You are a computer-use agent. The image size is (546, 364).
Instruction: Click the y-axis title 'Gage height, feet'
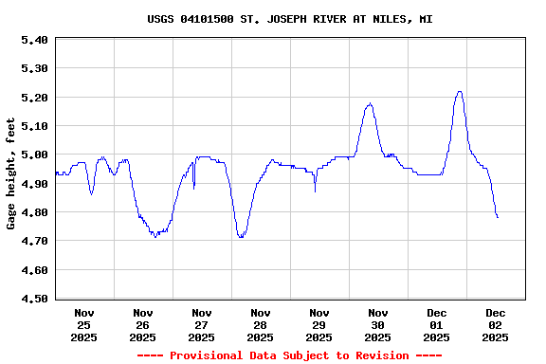click(11, 173)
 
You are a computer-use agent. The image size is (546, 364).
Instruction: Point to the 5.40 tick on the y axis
click(33, 40)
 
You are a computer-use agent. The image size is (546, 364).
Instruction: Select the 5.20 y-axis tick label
click(33, 98)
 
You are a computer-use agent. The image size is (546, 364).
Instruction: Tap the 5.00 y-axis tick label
click(33, 155)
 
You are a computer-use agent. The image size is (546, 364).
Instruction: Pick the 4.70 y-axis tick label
click(33, 242)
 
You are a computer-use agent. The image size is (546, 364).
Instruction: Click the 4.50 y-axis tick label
click(33, 300)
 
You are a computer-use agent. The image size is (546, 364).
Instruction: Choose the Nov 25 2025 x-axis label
click(84, 324)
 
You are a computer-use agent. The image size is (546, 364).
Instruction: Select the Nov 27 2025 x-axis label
click(202, 324)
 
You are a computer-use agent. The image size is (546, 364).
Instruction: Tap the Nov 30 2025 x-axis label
click(378, 324)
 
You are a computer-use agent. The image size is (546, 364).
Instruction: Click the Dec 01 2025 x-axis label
click(437, 324)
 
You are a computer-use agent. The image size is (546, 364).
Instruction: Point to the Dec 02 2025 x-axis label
click(496, 324)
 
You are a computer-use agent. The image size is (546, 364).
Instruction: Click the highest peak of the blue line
click(460, 92)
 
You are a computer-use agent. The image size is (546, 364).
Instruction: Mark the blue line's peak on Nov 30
click(369, 104)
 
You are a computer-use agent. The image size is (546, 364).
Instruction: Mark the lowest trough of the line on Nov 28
click(241, 237)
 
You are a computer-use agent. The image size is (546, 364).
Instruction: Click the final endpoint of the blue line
click(498, 217)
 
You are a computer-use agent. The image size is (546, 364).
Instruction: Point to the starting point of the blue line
click(56, 172)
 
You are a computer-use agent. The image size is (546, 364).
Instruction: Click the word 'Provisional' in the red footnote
click(206, 355)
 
